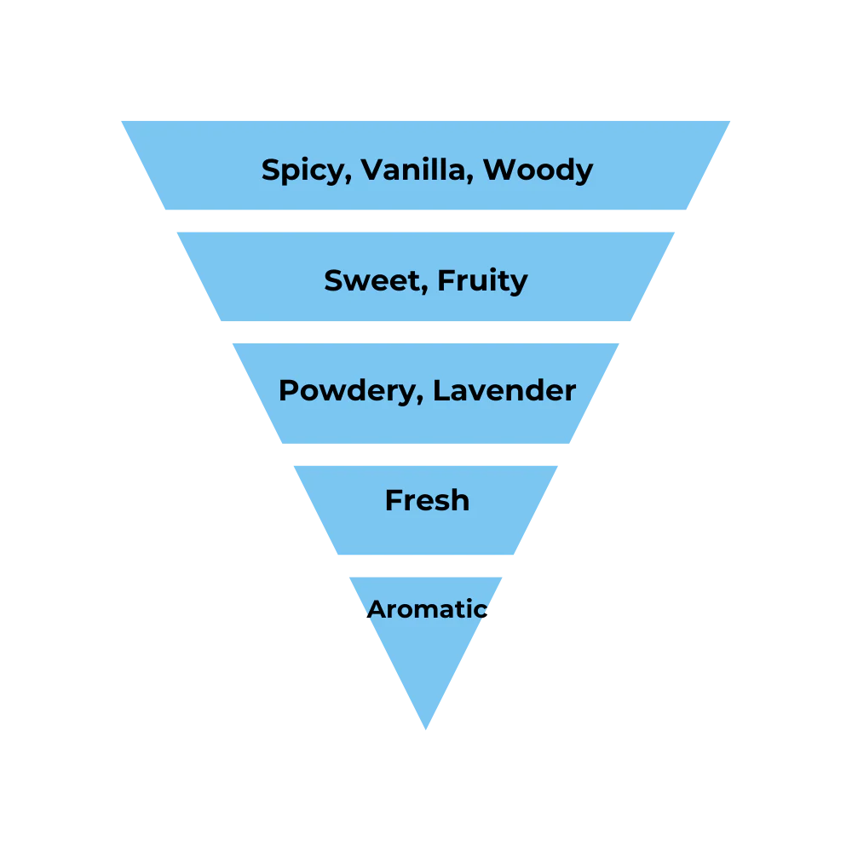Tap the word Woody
[x=538, y=170]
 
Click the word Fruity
[x=482, y=281]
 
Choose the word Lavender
[x=504, y=390]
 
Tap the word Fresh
[x=427, y=500]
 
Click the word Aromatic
[x=428, y=609]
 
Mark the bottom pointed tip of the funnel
[x=426, y=731]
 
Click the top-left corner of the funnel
[x=119, y=118]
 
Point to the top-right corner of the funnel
[x=733, y=118]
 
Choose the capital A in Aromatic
[x=377, y=609]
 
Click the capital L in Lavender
[x=440, y=390]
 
